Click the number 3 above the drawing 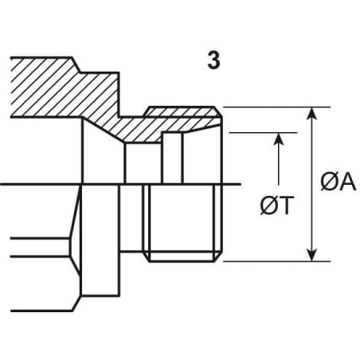(213, 61)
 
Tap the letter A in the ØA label (347, 182)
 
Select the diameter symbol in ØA (330, 182)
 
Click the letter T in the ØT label (286, 205)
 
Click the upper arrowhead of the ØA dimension (313, 114)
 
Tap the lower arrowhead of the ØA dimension (313, 255)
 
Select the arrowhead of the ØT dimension (279, 139)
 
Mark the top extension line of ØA (277, 108)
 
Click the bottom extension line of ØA (277, 261)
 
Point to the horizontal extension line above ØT (263, 133)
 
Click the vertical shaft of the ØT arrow (279, 158)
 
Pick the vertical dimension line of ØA (313, 184)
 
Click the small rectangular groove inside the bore (173, 158)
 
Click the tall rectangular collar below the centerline (100, 240)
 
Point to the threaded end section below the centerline (182, 223)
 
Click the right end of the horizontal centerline (241, 184)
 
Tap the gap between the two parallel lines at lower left (40, 248)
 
